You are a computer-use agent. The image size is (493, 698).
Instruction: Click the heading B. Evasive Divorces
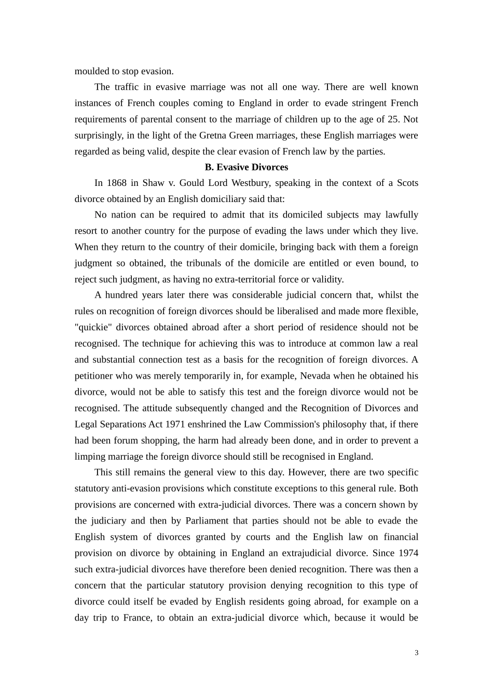246,167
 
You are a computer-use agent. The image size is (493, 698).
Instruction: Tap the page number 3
416,653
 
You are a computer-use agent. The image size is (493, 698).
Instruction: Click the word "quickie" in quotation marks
93,328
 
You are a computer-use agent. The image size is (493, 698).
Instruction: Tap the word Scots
407,183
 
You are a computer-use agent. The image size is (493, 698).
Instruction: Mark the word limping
90,457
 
